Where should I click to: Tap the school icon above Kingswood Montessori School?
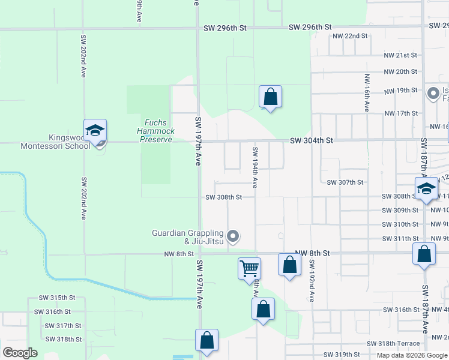pos(95,131)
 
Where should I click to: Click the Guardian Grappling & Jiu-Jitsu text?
pos(188,237)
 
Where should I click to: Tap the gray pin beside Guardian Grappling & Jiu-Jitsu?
pos(234,235)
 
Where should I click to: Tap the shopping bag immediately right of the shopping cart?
pos(289,264)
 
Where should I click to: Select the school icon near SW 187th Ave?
pos(426,188)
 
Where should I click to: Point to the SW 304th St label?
pos(311,140)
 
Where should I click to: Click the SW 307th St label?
pos(345,182)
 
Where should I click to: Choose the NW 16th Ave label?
pos(366,93)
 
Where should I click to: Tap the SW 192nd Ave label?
pos(312,281)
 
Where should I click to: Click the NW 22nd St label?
pos(350,36)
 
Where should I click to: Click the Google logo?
pos(20,353)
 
